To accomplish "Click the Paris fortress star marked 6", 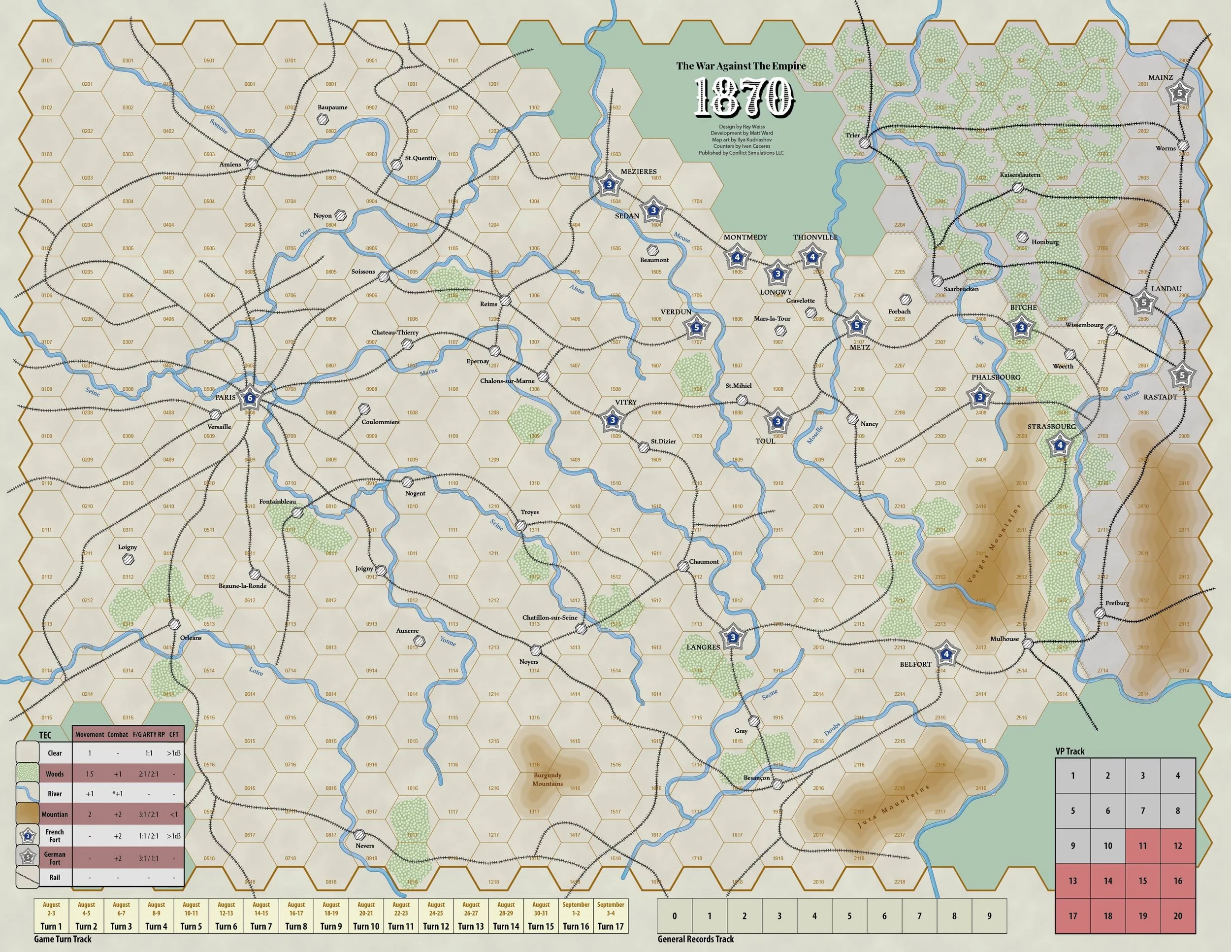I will (x=249, y=399).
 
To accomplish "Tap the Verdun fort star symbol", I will (x=696, y=327).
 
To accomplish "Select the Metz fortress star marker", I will (x=857, y=325).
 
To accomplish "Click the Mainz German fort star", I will (x=1179, y=94).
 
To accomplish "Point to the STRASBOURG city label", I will (x=1051, y=426).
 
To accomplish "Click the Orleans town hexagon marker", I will (x=174, y=624).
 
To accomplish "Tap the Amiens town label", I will (x=230, y=164).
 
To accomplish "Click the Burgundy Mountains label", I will (x=547, y=779).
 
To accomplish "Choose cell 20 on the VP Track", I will (x=1177, y=916).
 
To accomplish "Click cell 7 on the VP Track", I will (x=1142, y=811).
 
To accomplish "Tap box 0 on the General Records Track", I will (x=674, y=916).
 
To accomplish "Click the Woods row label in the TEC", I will (x=55, y=774).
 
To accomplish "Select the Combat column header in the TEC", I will (x=118, y=734).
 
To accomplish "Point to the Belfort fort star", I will (x=946, y=654).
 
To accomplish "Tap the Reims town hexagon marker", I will (x=505, y=300).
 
